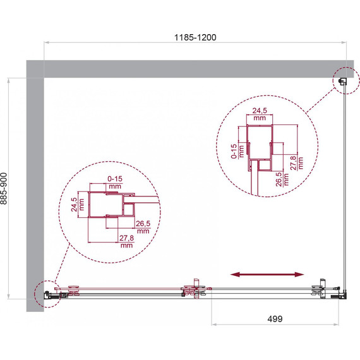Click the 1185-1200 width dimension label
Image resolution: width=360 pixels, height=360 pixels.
click(x=196, y=37)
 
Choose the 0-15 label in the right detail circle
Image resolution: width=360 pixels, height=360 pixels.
click(x=235, y=151)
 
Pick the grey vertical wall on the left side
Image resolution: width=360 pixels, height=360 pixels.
click(x=34, y=189)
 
